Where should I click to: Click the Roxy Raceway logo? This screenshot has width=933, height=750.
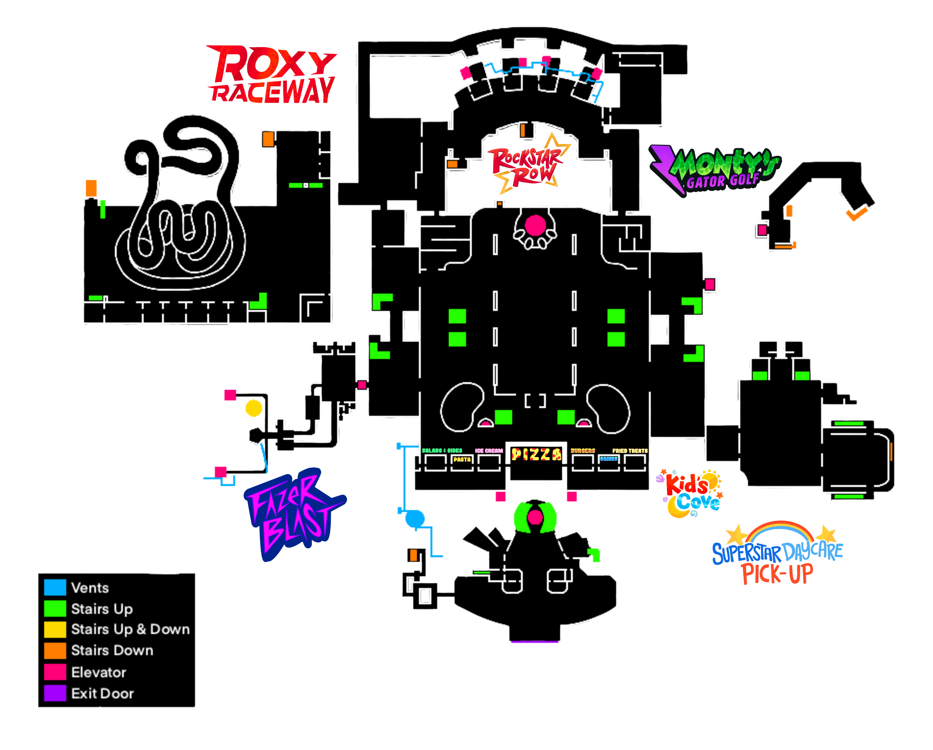pos(272,74)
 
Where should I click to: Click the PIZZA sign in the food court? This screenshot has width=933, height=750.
pos(536,455)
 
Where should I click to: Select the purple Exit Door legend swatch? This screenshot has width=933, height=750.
pos(55,693)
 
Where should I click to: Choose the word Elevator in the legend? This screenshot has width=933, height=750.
pos(99,672)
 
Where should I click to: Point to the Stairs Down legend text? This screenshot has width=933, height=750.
pos(112,650)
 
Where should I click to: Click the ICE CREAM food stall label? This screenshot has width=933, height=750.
pos(489,451)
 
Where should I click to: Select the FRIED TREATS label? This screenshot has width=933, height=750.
pos(630,451)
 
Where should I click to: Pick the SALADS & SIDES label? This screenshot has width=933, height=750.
pos(442,451)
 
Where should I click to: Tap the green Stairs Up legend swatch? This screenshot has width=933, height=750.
pos(55,608)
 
